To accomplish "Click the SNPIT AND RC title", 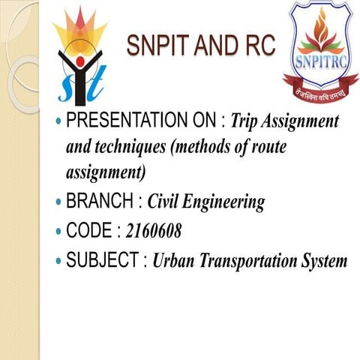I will (x=201, y=46).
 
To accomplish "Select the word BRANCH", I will (x=97, y=201).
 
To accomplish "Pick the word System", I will (x=325, y=262).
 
